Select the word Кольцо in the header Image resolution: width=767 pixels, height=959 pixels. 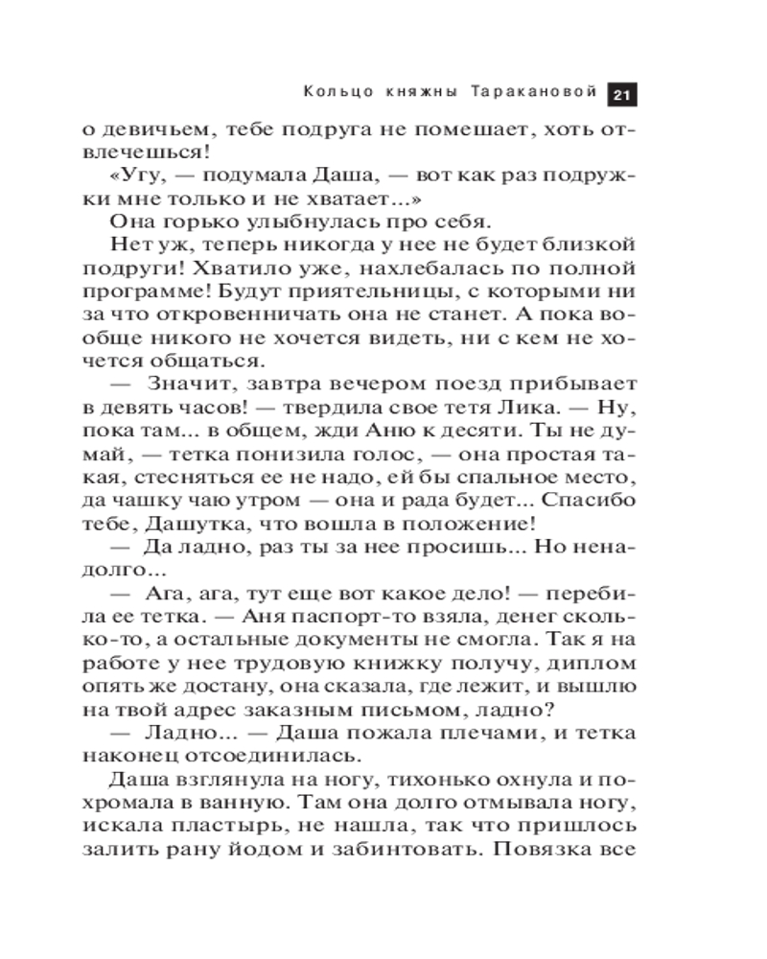333,94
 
